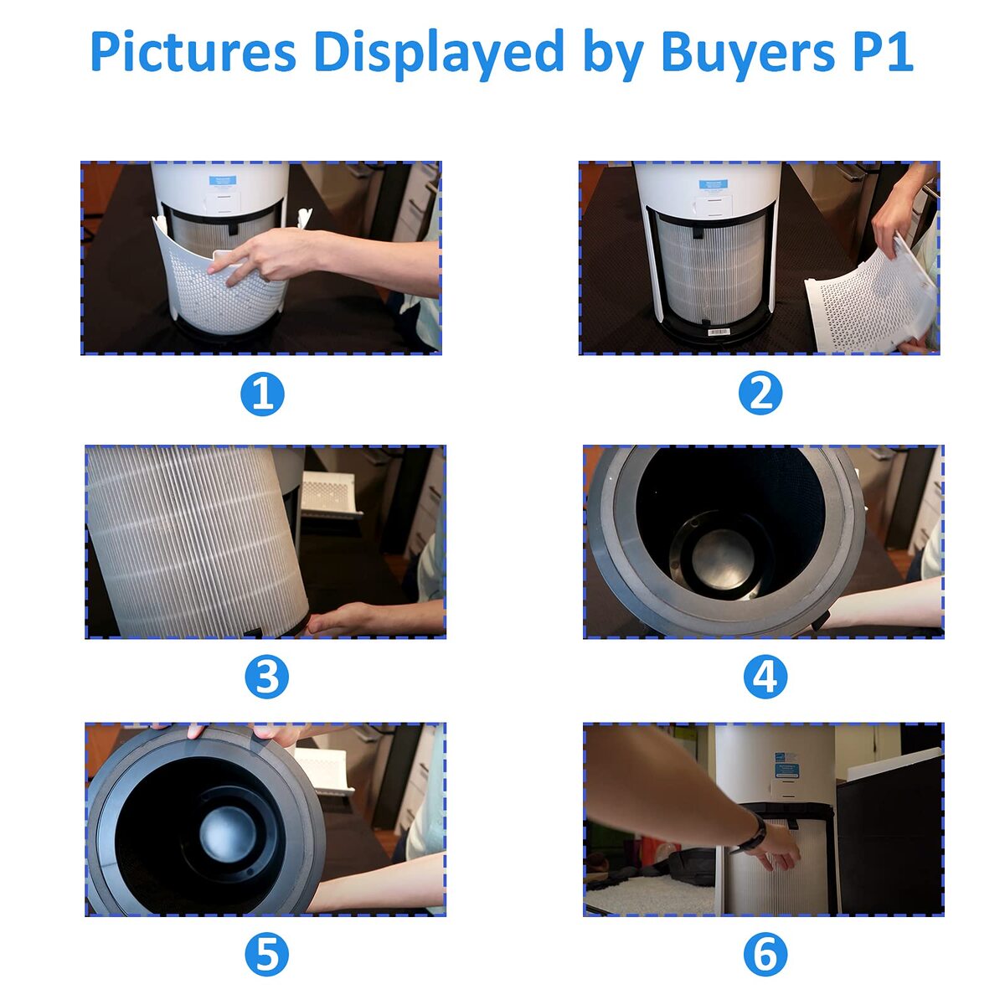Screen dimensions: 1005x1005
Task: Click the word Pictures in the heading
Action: click(x=193, y=52)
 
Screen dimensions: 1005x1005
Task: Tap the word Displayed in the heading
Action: click(x=439, y=54)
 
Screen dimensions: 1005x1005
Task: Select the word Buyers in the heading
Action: click(x=747, y=54)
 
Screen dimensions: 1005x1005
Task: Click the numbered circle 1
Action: click(x=262, y=394)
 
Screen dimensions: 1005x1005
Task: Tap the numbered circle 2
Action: click(x=760, y=394)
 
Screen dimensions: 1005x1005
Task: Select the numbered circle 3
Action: click(x=266, y=677)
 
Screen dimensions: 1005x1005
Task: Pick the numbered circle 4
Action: click(x=765, y=677)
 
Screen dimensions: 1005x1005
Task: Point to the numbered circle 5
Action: click(x=266, y=955)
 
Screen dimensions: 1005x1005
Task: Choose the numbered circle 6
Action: click(x=765, y=955)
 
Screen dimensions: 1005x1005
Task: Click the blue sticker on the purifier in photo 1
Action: click(x=223, y=180)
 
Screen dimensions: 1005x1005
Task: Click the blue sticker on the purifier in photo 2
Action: click(x=713, y=185)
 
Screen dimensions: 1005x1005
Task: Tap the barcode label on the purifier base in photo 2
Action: click(x=718, y=332)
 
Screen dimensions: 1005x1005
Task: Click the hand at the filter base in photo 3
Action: click(x=339, y=619)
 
